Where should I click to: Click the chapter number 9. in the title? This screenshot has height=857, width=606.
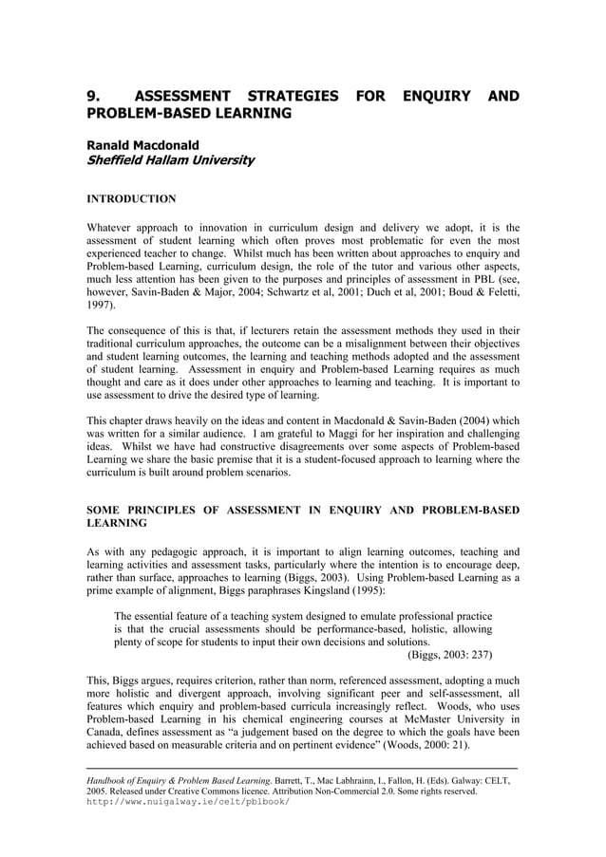pyautogui.click(x=92, y=96)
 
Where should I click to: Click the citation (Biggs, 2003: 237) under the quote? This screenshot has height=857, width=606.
pyautogui.click(x=449, y=654)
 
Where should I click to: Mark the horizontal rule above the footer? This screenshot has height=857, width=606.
pyautogui.click(x=302, y=766)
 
